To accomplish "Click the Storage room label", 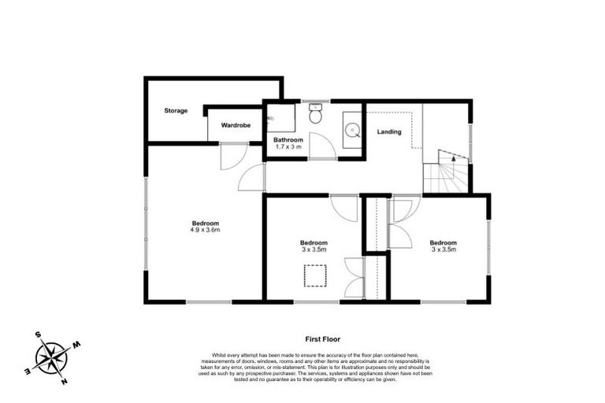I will [176, 111].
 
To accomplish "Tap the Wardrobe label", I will [236, 125].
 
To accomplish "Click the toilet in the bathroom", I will [316, 116].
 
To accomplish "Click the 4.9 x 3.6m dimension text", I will [204, 230].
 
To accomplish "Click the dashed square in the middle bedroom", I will [315, 276].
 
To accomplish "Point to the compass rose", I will [51, 358].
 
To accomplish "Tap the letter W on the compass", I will [76, 344].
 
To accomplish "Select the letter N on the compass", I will [65, 382].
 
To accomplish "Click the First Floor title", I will [322, 339].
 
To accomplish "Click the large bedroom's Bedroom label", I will [204, 223].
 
